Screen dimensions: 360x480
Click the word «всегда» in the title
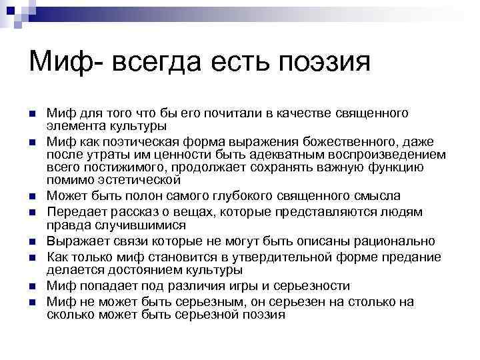pyautogui.click(x=141, y=64)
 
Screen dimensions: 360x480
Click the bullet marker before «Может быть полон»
pyautogui.click(x=31, y=197)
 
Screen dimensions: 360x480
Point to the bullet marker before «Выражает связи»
pyautogui.click(x=31, y=241)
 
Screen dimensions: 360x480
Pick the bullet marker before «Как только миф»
pyautogui.click(x=31, y=257)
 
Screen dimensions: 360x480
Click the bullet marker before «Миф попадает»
pyautogui.click(x=31, y=286)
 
